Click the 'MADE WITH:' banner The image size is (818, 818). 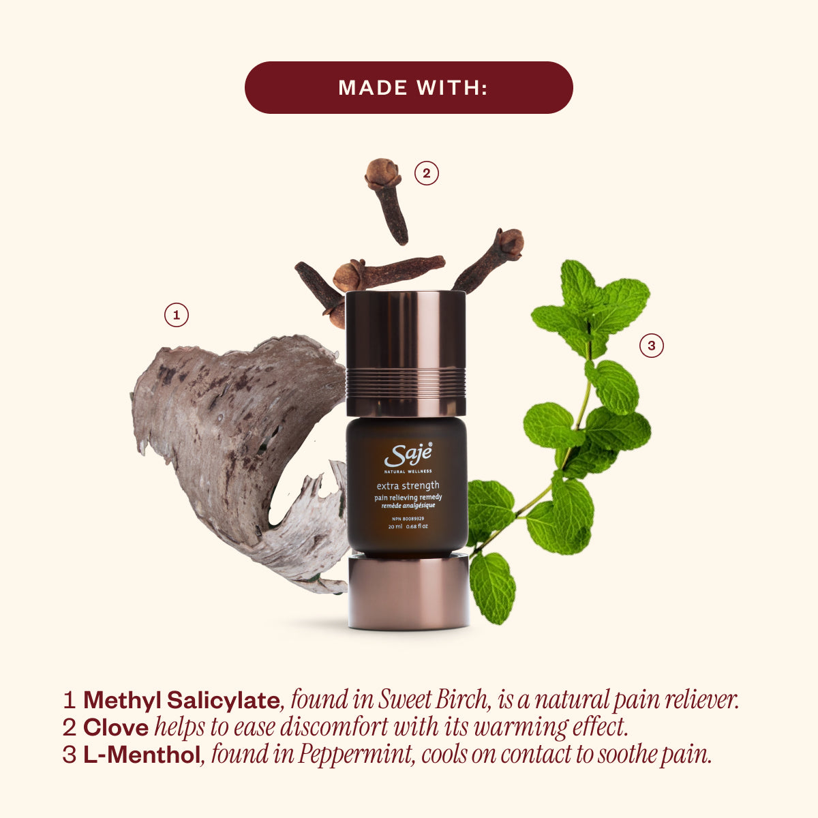pyautogui.click(x=409, y=87)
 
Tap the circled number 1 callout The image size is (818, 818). pyautogui.click(x=176, y=315)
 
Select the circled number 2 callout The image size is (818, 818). pyautogui.click(x=426, y=173)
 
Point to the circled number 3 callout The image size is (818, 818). pyautogui.click(x=651, y=346)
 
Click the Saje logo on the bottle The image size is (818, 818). pyautogui.click(x=408, y=455)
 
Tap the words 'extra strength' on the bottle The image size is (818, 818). pyautogui.click(x=408, y=485)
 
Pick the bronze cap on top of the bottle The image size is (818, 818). pyautogui.click(x=406, y=353)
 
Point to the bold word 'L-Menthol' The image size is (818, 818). pyautogui.click(x=142, y=755)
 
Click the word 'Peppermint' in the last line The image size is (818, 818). pyautogui.click(x=354, y=755)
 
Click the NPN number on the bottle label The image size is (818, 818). pyautogui.click(x=408, y=518)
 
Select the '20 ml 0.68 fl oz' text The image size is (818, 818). pyautogui.click(x=408, y=527)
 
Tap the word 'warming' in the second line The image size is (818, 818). pyautogui.click(x=521, y=729)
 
